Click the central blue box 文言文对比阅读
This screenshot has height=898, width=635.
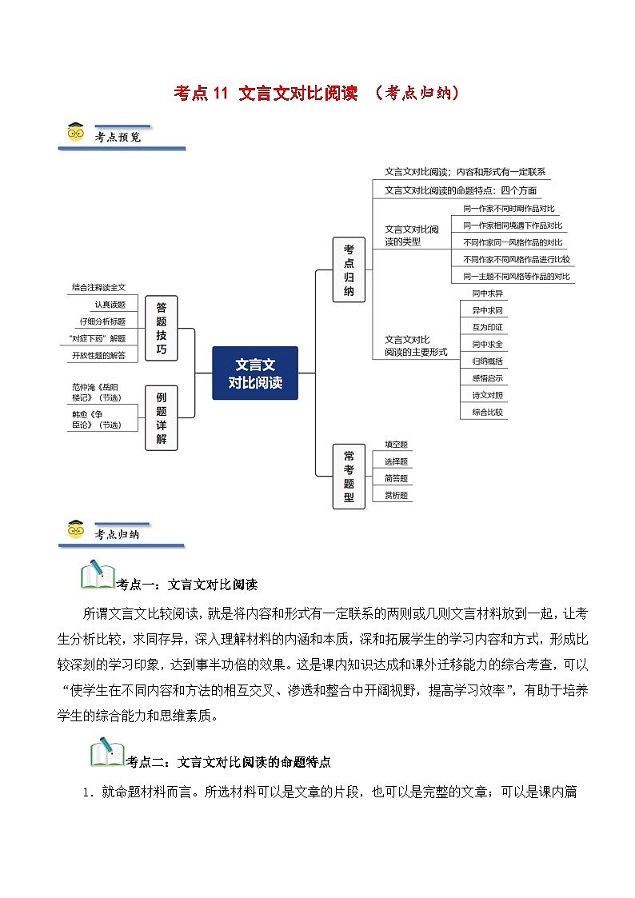[255, 373]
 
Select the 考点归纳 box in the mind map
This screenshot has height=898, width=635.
[349, 269]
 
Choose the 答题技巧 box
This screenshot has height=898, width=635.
[162, 328]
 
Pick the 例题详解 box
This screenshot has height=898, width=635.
[162, 417]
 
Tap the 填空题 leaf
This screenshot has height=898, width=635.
[396, 445]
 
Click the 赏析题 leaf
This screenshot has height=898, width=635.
[396, 495]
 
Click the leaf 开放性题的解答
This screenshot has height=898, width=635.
[98, 354]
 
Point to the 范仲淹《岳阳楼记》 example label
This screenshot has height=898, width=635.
[98, 392]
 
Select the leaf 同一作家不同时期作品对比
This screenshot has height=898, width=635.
[508, 208]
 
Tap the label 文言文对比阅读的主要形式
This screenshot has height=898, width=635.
[415, 345]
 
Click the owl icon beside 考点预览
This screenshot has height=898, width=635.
[76, 134]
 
